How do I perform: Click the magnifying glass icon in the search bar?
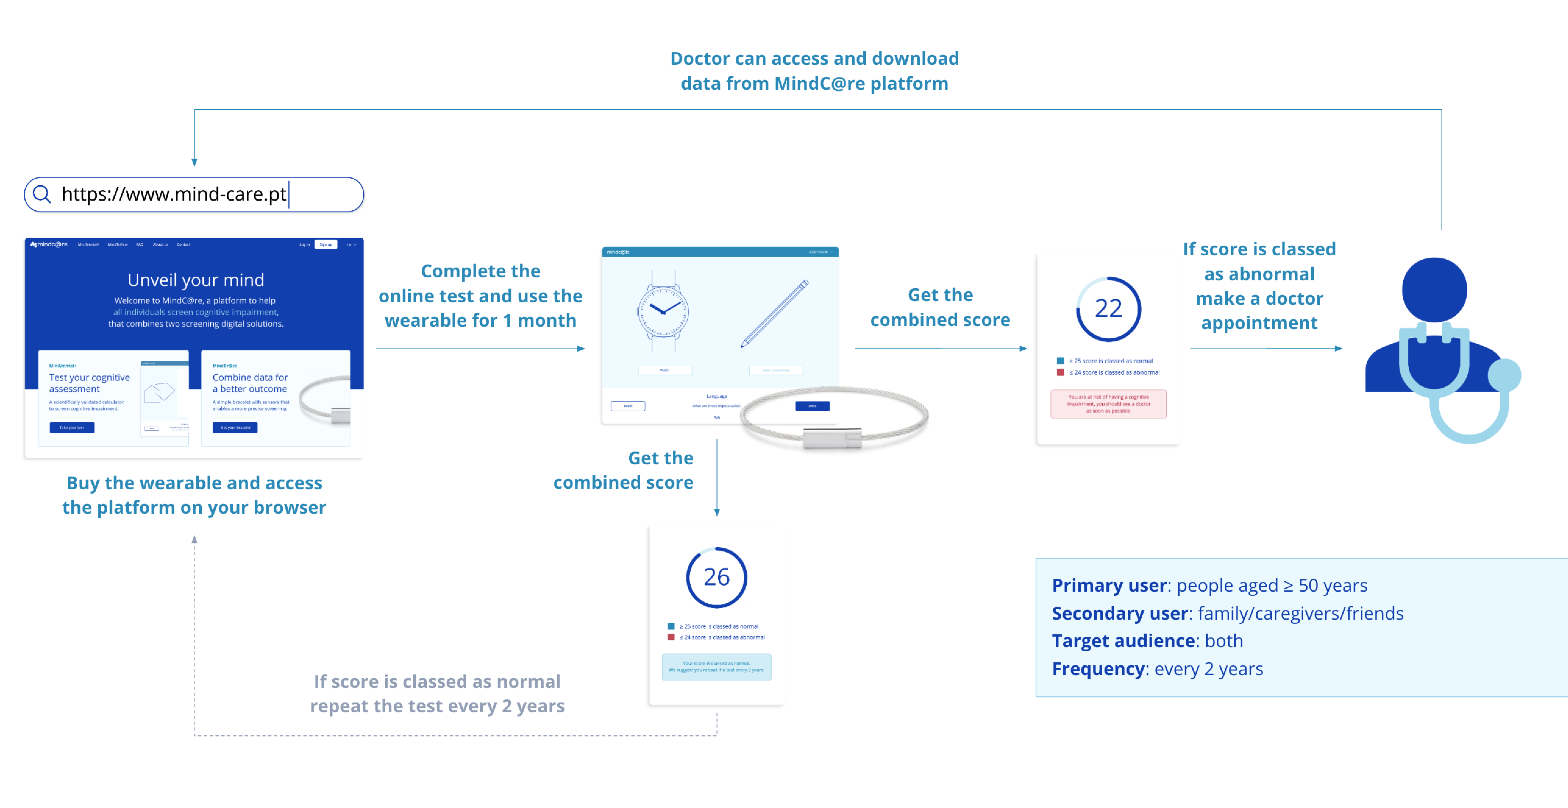click(x=41, y=194)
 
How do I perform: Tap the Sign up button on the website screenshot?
click(x=326, y=245)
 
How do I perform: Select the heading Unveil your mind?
click(x=195, y=280)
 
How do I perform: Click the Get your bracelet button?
click(x=235, y=428)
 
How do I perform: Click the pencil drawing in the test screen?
click(x=774, y=313)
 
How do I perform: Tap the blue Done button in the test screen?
click(x=812, y=406)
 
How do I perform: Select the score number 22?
click(x=1108, y=308)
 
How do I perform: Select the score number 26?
click(x=716, y=577)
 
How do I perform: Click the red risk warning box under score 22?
click(x=1108, y=404)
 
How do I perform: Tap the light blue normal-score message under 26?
click(x=716, y=667)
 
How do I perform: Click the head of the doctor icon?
click(x=1434, y=290)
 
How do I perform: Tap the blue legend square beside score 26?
click(x=671, y=626)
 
